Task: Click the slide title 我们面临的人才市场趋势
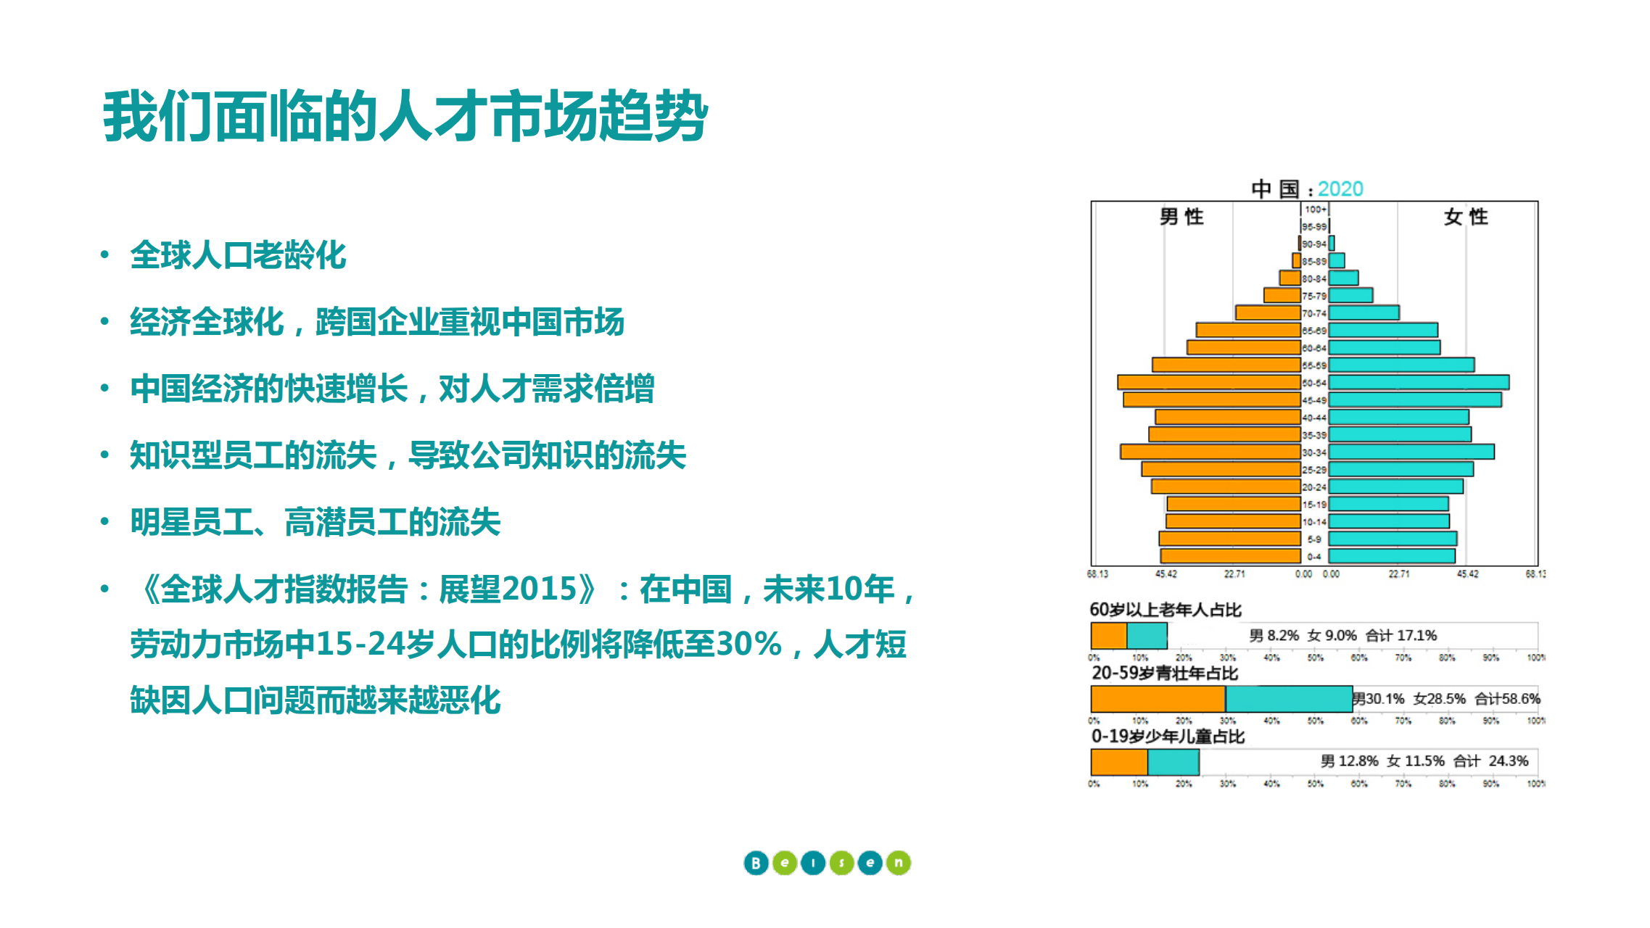[405, 117]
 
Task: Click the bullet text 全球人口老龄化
[238, 255]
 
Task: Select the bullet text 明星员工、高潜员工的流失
[315, 522]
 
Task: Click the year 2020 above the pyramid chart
[1340, 189]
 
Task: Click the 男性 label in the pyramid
[1181, 217]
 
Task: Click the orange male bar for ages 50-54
[1209, 382]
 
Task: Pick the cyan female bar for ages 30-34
[1411, 452]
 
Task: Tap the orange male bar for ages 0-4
[1230, 556]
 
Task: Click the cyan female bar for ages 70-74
[1364, 312]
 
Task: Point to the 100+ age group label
[1315, 210]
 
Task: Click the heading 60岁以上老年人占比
[1166, 610]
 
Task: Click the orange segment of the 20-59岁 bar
[1158, 699]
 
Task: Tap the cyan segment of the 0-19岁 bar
[1173, 762]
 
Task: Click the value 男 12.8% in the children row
[1349, 761]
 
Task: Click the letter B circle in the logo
[756, 863]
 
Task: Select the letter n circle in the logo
[898, 863]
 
